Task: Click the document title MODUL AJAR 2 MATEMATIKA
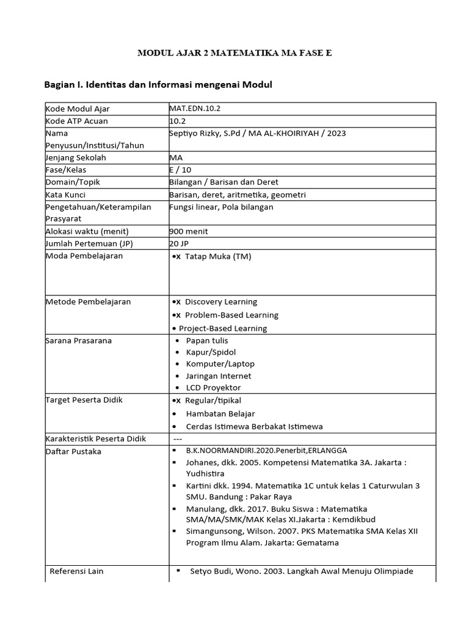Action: pos(234,53)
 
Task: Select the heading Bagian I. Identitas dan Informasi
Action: pos(158,84)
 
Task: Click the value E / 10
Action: pos(181,170)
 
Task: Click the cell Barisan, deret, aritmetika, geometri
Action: pos(237,194)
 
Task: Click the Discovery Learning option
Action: pos(220,302)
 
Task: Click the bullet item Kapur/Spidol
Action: pos(211,352)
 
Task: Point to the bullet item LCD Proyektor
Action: pos(213,388)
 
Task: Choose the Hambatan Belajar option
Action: pos(220,413)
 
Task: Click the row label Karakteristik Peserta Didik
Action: pos(98,439)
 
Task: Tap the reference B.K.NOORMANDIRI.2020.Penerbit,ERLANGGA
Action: pos(260,451)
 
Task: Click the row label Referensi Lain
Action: pos(76,571)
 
